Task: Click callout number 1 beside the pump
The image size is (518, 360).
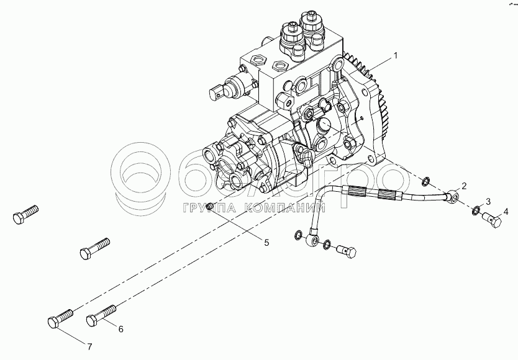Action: point(396,56)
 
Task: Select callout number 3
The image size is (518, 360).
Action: point(488,202)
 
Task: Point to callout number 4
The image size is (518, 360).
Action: point(506,211)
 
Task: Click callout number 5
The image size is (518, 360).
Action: point(266,242)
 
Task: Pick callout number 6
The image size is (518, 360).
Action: point(120,329)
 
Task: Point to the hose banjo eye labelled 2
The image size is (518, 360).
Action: point(453,199)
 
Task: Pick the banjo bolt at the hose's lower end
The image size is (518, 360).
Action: point(347,251)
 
